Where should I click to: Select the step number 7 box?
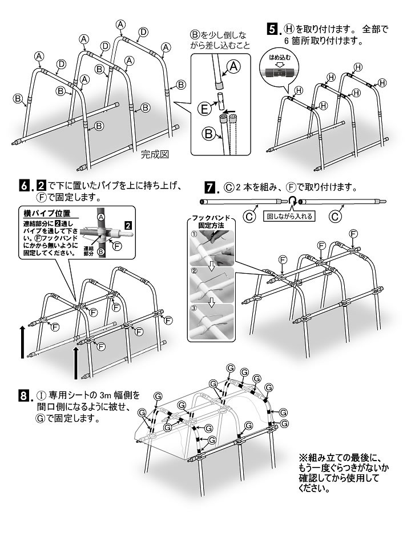209,187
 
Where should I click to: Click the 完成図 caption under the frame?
154,154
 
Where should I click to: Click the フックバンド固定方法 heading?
211,222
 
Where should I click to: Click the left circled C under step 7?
250,217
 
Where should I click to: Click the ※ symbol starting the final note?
303,458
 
